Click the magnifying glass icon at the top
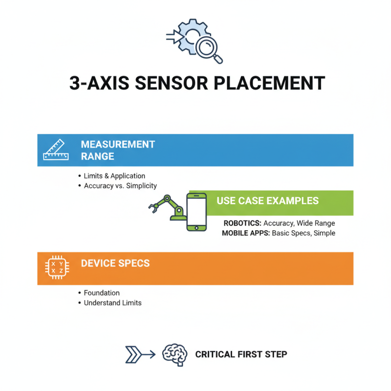209,49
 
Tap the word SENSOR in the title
172,83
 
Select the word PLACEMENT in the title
269,83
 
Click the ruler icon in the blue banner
56,150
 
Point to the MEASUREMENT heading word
118,144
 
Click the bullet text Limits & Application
114,176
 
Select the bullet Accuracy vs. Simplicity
120,186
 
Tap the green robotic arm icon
167,207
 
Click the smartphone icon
196,212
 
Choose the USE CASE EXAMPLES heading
267,201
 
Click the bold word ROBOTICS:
242,223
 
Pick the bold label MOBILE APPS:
246,233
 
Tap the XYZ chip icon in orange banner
57,267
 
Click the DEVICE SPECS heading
115,263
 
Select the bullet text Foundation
102,293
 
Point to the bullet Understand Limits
113,303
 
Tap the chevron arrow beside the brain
140,354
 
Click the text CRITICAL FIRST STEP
241,354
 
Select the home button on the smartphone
196,228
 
